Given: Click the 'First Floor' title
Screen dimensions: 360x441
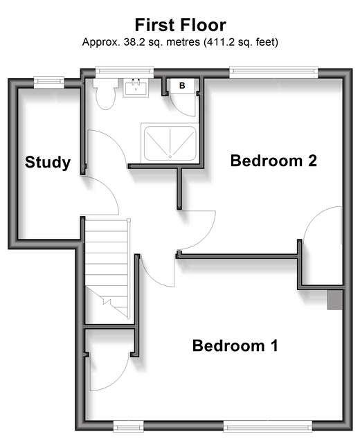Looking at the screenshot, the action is (180, 25).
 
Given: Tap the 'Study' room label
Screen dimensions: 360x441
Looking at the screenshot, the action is (48, 162).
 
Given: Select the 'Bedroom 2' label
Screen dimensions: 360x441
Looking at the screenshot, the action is (273, 161).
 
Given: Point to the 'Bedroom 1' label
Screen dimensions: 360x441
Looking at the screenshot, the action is (235, 345).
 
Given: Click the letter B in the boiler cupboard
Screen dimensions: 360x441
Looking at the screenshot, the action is (182, 86).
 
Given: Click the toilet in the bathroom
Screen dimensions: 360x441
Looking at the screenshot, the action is (105, 93).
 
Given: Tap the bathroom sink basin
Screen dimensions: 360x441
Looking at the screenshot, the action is (136, 88).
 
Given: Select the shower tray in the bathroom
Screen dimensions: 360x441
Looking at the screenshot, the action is (170, 143).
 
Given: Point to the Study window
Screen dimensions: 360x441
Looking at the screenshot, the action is (49, 82).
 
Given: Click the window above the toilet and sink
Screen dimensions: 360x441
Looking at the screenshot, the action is (125, 72).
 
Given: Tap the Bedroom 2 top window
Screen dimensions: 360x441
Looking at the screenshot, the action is (273, 72).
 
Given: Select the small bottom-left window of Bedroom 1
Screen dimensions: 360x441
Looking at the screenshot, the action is (128, 426).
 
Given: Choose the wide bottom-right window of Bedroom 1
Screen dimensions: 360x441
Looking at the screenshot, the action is (267, 426).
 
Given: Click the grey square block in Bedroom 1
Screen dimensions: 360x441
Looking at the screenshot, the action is (334, 300).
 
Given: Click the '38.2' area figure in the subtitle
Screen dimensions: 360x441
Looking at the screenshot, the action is (133, 42).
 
